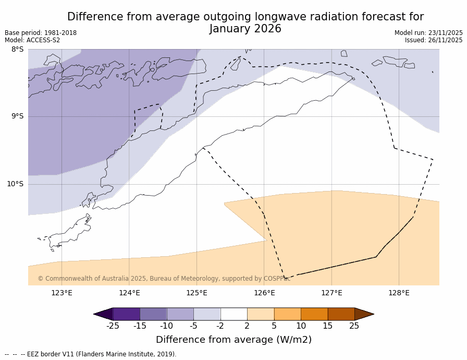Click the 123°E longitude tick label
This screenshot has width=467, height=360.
(62, 293)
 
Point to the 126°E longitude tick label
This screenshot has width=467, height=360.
(264, 293)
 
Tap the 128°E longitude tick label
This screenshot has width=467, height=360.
(399, 293)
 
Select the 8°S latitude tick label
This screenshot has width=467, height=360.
(17, 50)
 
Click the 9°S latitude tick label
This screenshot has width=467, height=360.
(17, 116)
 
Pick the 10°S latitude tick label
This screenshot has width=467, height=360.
(15, 184)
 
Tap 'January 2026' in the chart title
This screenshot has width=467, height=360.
(245, 29)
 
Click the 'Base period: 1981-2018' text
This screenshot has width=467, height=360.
(41, 33)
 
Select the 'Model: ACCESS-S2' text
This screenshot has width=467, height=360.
(32, 40)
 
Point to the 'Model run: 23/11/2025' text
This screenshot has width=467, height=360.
(428, 33)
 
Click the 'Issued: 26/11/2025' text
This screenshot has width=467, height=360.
(434, 40)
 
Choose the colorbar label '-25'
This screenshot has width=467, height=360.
(113, 326)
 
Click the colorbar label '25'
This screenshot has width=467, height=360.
(354, 326)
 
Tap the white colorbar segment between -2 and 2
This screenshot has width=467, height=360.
(233, 314)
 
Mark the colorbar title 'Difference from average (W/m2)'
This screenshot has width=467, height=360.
(233, 340)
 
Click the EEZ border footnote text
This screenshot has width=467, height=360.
(91, 354)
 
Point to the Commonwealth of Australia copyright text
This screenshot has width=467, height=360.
(164, 279)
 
